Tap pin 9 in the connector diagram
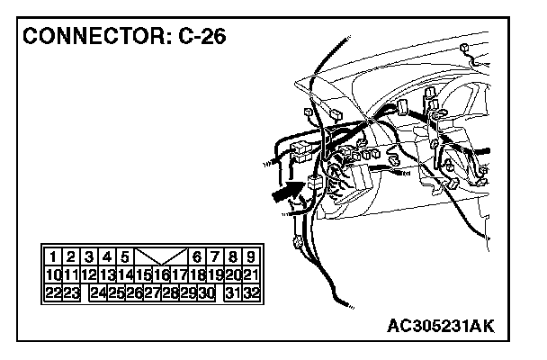pos(252,256)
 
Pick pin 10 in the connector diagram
pos(53,274)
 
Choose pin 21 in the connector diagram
pos(252,274)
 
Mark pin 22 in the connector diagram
pos(53,292)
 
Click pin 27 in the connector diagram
pos(153,292)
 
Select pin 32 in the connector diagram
pos(252,292)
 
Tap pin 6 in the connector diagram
pos(198,256)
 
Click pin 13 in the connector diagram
pos(107,274)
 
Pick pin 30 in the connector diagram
pos(207,292)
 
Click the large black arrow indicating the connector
pos(286,192)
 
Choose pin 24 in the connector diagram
pos(99,292)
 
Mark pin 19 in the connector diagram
pos(216,274)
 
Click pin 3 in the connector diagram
pos(89,256)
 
